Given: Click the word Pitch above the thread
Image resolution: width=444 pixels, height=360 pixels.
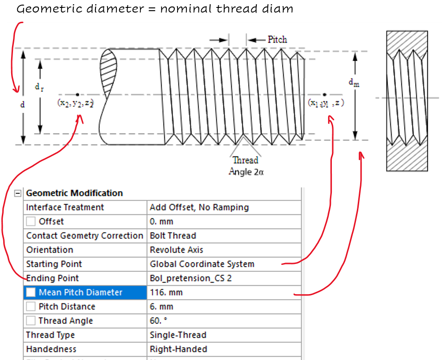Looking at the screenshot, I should [x=277, y=40].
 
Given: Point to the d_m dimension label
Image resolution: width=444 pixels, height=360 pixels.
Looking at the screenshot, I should [x=354, y=83].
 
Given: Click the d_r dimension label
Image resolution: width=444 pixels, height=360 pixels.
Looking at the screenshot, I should [x=39, y=87].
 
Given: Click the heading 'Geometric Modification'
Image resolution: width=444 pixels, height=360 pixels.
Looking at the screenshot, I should [x=74, y=193].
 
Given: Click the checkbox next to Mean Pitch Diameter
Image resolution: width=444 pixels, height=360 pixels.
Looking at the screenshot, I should [x=31, y=292].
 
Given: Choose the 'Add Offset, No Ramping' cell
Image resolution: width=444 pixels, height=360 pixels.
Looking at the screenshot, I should [x=199, y=207].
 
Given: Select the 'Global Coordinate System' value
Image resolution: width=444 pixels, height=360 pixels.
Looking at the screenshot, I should [x=202, y=264].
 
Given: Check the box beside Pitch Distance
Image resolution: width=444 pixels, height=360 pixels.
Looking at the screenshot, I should [x=31, y=307].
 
